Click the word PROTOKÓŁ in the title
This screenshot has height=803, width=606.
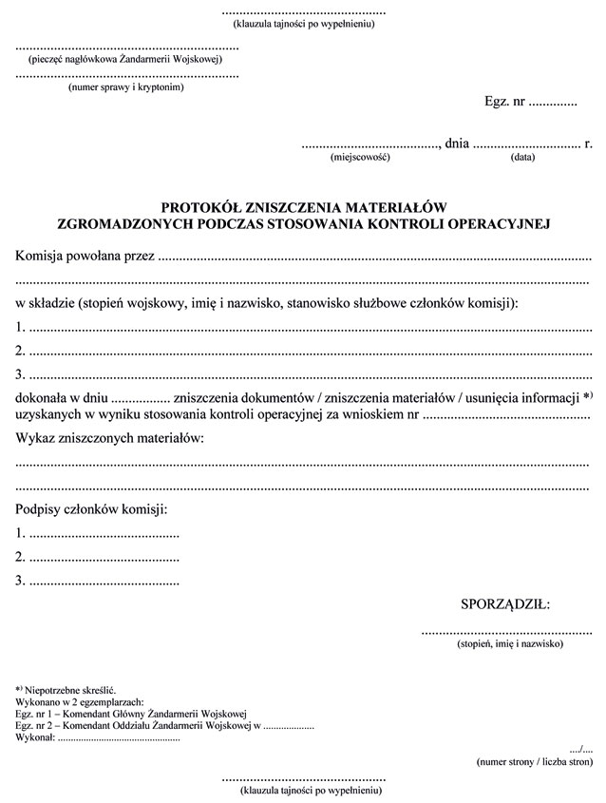(x=201, y=206)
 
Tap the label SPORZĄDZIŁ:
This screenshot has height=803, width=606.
(x=504, y=603)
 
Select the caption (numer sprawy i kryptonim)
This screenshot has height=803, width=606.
(x=125, y=87)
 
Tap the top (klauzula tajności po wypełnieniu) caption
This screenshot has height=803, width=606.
(x=303, y=24)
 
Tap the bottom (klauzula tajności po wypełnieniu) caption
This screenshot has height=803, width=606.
(x=303, y=790)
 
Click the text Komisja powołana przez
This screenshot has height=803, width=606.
(x=85, y=256)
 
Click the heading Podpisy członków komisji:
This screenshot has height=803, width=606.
(x=91, y=510)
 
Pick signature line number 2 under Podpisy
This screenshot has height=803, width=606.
(x=99, y=557)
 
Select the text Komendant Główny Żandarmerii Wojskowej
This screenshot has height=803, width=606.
(x=151, y=713)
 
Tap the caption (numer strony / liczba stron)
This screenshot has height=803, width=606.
(x=534, y=761)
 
